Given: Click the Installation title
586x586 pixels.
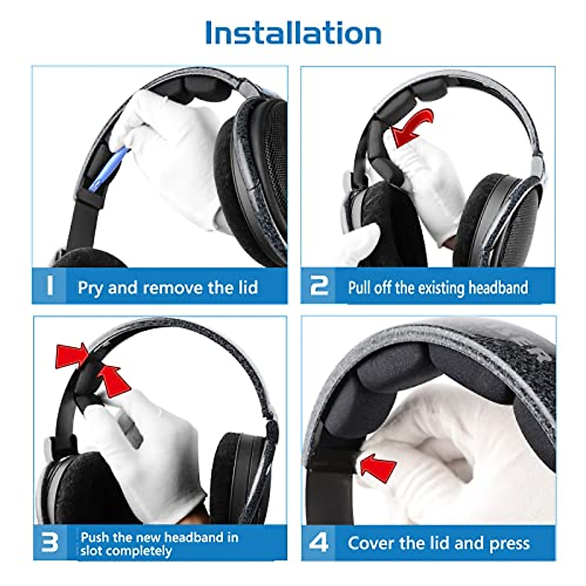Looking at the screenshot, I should (293, 33).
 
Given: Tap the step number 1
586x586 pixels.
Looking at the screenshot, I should (49, 286).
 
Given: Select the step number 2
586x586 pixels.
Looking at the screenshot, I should (319, 286).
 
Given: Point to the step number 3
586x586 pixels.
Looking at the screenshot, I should (49, 543).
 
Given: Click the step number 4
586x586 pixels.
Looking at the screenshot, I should (319, 543).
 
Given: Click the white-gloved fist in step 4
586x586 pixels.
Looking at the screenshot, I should (449, 469).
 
